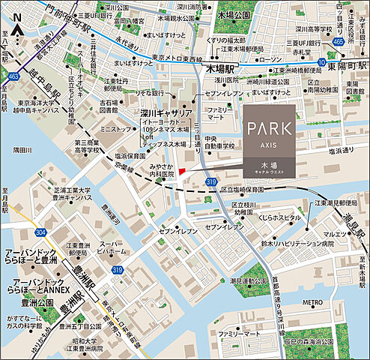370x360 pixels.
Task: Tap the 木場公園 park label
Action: pos(228,14)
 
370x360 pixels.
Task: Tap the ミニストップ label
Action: pos(117,129)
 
